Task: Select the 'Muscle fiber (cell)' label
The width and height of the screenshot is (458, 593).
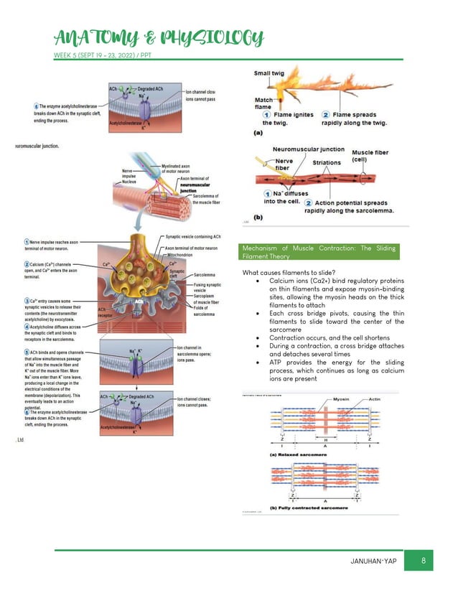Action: tap(371, 156)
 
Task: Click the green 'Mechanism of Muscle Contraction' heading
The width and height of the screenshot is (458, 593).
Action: tap(319, 251)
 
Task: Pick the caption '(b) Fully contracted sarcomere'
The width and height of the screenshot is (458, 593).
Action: tap(309, 508)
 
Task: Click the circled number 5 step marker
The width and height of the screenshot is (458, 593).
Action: tap(27, 352)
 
